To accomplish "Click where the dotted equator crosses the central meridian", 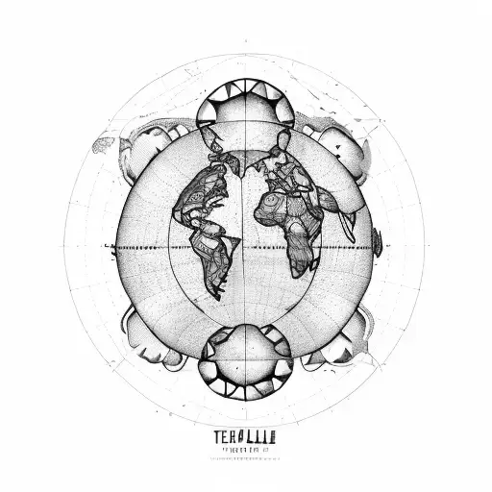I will pyautogui.click(x=246, y=247).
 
